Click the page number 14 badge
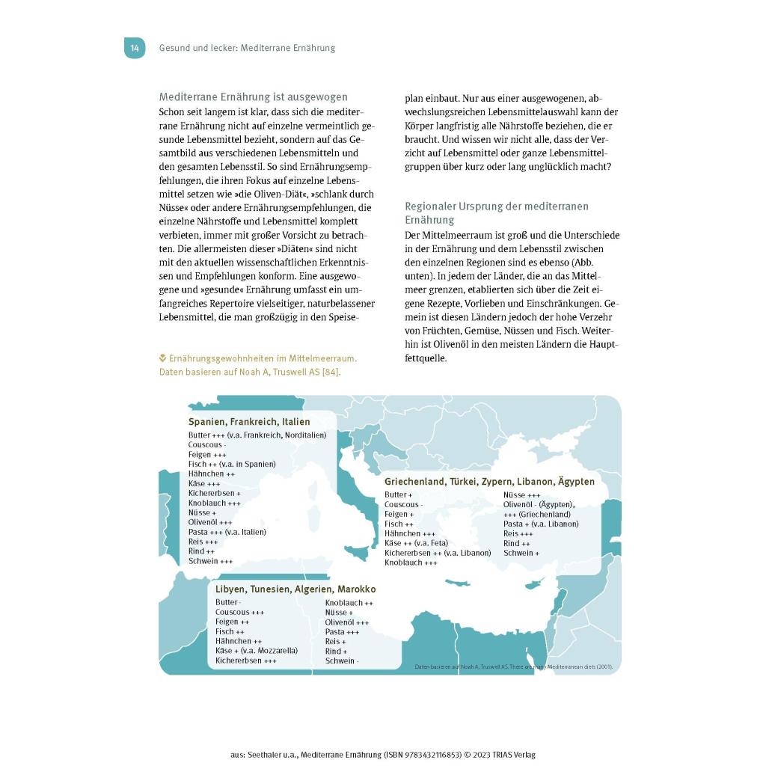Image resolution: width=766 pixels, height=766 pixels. click(x=135, y=48)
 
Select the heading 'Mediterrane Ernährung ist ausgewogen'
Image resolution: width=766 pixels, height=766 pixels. click(x=253, y=97)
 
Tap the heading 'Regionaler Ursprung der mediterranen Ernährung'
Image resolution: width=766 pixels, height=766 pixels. click(x=496, y=212)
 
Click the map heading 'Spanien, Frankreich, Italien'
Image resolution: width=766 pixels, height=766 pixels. click(x=248, y=422)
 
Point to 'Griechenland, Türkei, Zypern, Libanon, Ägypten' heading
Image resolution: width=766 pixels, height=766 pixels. click(x=489, y=482)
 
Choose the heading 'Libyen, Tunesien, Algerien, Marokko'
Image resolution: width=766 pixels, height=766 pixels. click(x=295, y=589)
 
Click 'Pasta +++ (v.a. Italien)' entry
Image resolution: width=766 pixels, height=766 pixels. click(x=227, y=532)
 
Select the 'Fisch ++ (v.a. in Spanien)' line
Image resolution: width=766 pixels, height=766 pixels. click(x=232, y=464)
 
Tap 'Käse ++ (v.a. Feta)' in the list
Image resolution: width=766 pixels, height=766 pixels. click(x=416, y=543)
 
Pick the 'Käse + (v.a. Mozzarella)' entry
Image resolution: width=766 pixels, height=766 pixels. click(x=256, y=651)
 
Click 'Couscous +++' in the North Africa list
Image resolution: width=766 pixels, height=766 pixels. click(x=239, y=612)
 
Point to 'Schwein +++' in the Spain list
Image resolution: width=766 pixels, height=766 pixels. click(x=210, y=561)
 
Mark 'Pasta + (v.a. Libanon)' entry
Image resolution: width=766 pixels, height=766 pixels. click(x=540, y=524)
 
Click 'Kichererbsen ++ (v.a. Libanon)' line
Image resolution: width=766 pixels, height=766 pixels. click(x=438, y=553)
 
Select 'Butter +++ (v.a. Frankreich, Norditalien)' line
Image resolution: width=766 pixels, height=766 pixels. click(x=257, y=435)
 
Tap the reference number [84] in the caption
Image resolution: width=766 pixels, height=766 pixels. click(x=330, y=371)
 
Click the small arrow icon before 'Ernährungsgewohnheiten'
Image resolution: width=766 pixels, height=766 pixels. click(x=162, y=358)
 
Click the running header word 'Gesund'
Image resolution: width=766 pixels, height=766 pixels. click(x=174, y=48)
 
